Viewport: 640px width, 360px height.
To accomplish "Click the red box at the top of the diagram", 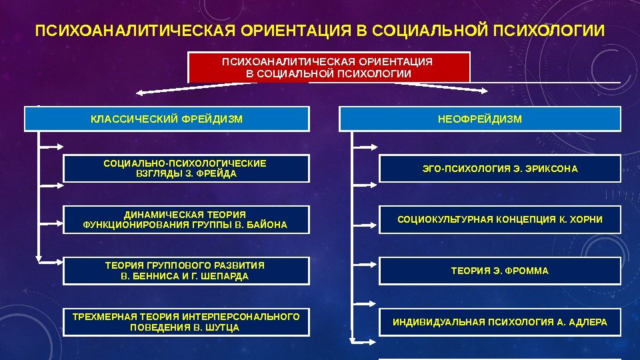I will coord(329,67).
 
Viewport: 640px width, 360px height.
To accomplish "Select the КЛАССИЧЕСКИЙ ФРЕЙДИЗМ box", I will coord(167,119).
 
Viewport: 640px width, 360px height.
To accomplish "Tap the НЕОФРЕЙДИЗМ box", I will coord(480,119).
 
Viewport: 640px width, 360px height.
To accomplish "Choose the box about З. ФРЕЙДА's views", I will coord(186,168).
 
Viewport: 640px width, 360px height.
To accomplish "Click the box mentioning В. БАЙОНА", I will coord(186,219).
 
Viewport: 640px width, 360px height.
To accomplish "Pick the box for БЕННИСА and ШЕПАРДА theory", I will coord(186,271).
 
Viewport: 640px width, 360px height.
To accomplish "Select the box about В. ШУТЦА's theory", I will coord(186,322).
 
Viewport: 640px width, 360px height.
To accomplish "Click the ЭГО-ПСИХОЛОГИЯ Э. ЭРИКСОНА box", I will coord(500,169).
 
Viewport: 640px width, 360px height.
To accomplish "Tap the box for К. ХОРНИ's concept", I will coord(500,219).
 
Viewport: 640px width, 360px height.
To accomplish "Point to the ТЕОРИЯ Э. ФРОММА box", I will coord(500,271).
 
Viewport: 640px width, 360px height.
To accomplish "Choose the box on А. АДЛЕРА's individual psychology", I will coord(500,322).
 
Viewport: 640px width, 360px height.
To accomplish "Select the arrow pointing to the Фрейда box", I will coord(51,145).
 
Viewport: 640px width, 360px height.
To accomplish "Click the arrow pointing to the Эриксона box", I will coord(365,145).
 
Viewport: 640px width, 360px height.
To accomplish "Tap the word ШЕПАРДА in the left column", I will coord(225,276).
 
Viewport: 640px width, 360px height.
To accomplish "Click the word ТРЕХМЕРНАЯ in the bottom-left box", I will coord(104,317).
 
